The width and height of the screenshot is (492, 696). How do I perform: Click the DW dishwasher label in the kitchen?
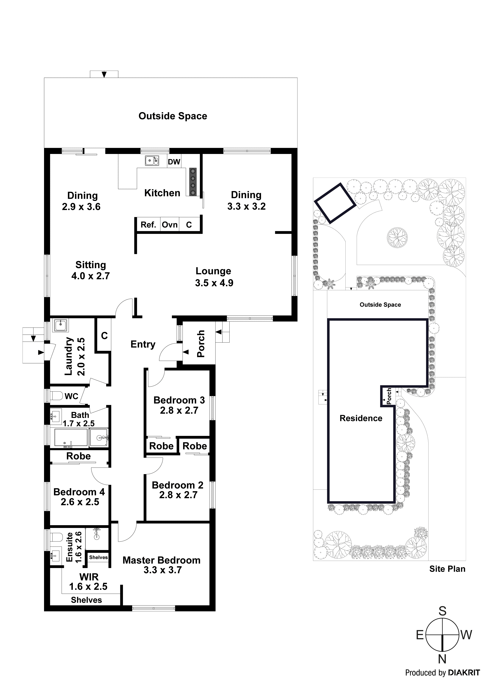[174, 162]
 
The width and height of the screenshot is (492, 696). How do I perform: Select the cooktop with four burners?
[192, 182]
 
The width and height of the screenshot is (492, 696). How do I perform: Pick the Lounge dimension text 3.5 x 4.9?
[214, 283]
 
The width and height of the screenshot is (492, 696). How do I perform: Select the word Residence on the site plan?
[361, 418]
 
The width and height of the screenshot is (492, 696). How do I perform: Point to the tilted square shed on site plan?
[335, 203]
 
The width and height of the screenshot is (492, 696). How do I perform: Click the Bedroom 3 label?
[179, 400]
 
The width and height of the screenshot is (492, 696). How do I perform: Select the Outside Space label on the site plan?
[380, 305]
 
